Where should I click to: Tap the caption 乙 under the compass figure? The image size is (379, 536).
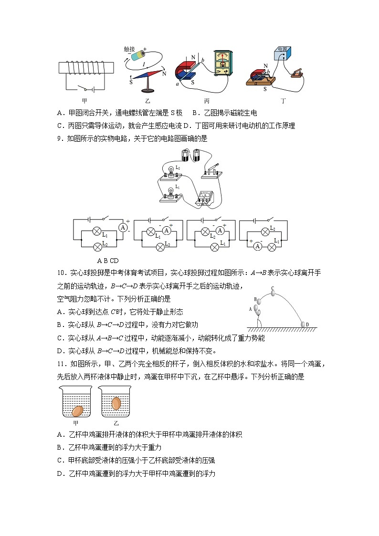pos(147,101)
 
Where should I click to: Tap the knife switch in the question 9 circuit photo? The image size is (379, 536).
pos(211,171)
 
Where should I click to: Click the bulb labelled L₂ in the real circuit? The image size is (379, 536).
pos(171,171)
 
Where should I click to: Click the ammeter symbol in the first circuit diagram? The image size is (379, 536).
pos(123,228)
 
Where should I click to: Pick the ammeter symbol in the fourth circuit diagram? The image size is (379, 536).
pos(257,246)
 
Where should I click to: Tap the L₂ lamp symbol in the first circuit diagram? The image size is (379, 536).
pos(98,246)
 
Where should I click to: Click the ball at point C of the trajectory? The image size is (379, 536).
pos(273,293)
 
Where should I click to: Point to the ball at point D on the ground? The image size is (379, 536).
pos(303,324)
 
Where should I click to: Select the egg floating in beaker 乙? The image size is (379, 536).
pos(116,403)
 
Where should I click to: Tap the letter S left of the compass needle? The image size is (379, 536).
pos(131,82)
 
